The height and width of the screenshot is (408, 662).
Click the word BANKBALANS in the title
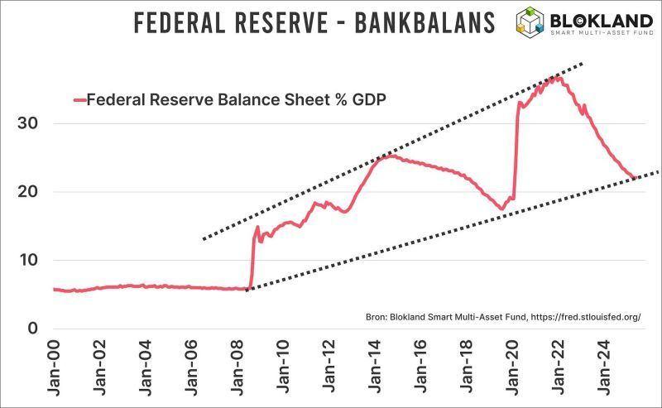pyautogui.click(x=425, y=22)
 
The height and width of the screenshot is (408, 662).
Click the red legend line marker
pyautogui.click(x=79, y=100)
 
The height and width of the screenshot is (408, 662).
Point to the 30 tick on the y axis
pyautogui.click(x=29, y=123)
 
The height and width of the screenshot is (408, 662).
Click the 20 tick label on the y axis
pyautogui.click(x=29, y=192)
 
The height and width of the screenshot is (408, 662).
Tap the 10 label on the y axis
pyautogui.click(x=29, y=260)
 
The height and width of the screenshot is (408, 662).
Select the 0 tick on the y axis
pyautogui.click(x=34, y=329)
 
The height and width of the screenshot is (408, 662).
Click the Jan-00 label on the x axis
pyautogui.click(x=53, y=364)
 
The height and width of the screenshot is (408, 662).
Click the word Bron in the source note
pyautogui.click(x=376, y=317)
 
